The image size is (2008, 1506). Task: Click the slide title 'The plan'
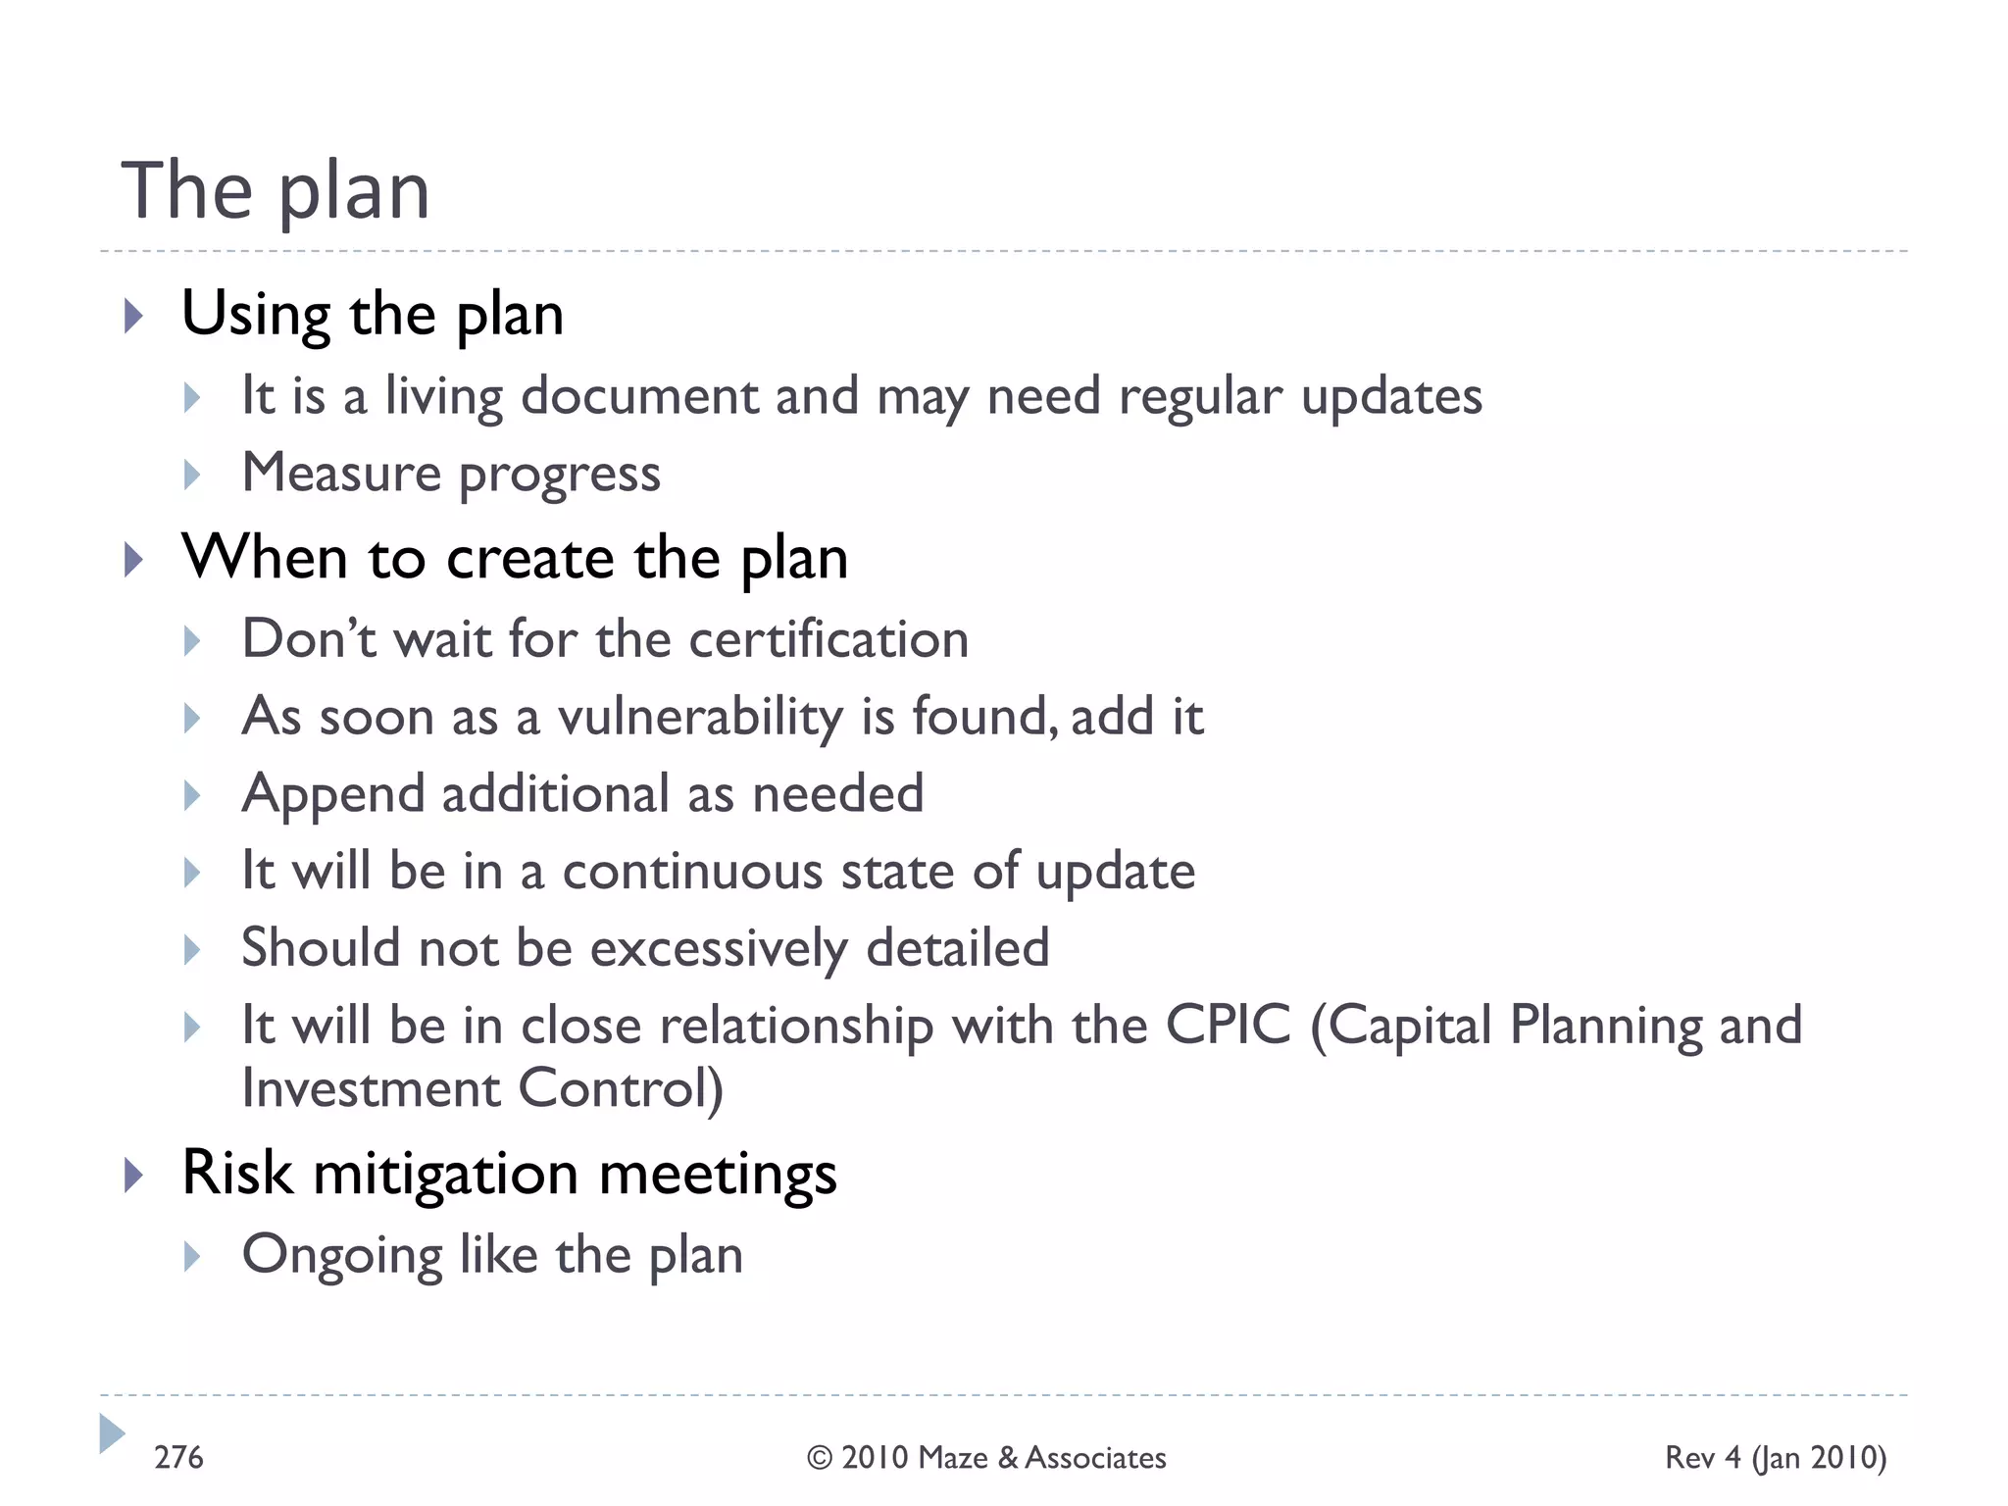pyautogui.click(x=276, y=191)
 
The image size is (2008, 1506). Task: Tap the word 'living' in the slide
pyautogui.click(x=443, y=398)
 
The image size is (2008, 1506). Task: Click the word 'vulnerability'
pyautogui.click(x=700, y=717)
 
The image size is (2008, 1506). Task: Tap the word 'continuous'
pyautogui.click(x=692, y=871)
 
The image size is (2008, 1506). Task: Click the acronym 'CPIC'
pyautogui.click(x=1228, y=1026)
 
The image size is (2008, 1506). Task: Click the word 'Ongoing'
pyautogui.click(x=342, y=1256)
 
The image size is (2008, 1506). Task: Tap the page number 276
pyautogui.click(x=178, y=1458)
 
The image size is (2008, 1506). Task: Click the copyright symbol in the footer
pyautogui.click(x=820, y=1459)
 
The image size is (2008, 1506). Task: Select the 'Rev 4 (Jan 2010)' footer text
pyautogui.click(x=1776, y=1458)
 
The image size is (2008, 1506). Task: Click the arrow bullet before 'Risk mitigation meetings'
pyautogui.click(x=134, y=1175)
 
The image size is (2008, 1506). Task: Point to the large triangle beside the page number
pyautogui.click(x=112, y=1433)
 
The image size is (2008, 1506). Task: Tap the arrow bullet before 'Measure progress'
pyautogui.click(x=192, y=476)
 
